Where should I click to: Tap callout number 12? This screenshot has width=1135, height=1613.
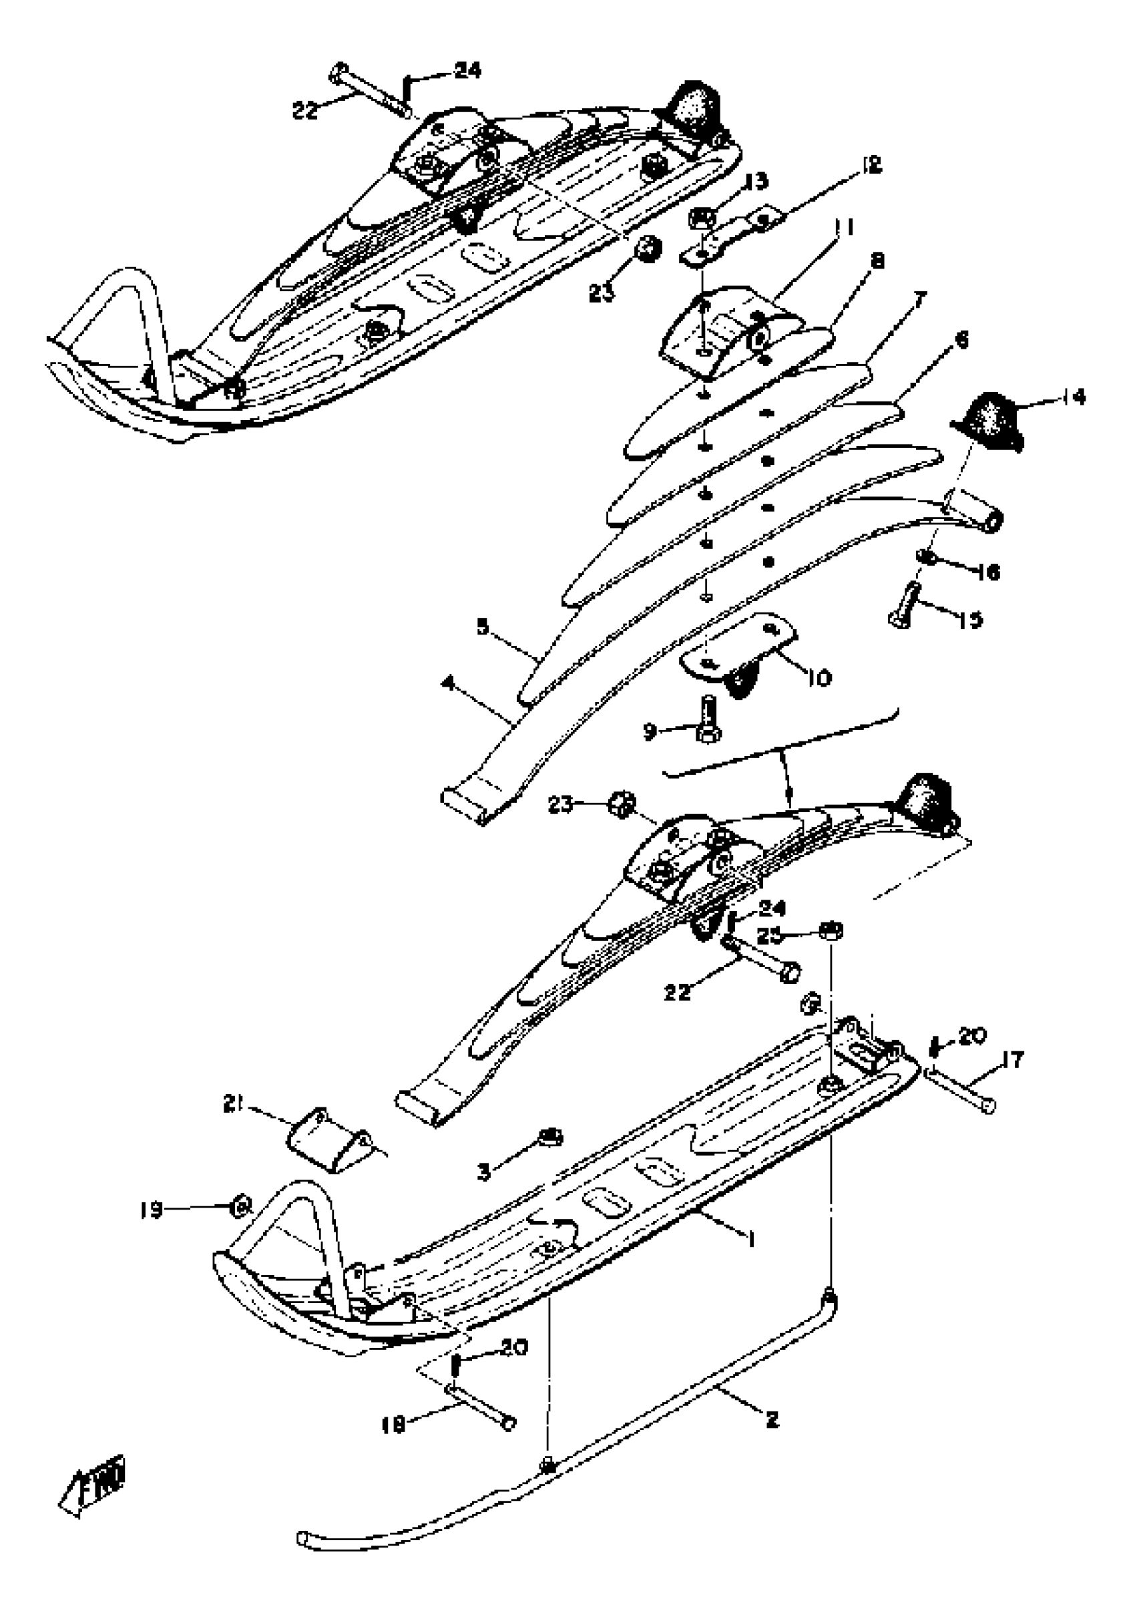coord(870,166)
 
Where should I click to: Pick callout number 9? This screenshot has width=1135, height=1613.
coord(650,732)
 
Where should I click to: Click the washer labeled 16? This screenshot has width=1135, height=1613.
coord(926,557)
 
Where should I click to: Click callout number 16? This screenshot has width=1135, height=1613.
coord(988,572)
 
